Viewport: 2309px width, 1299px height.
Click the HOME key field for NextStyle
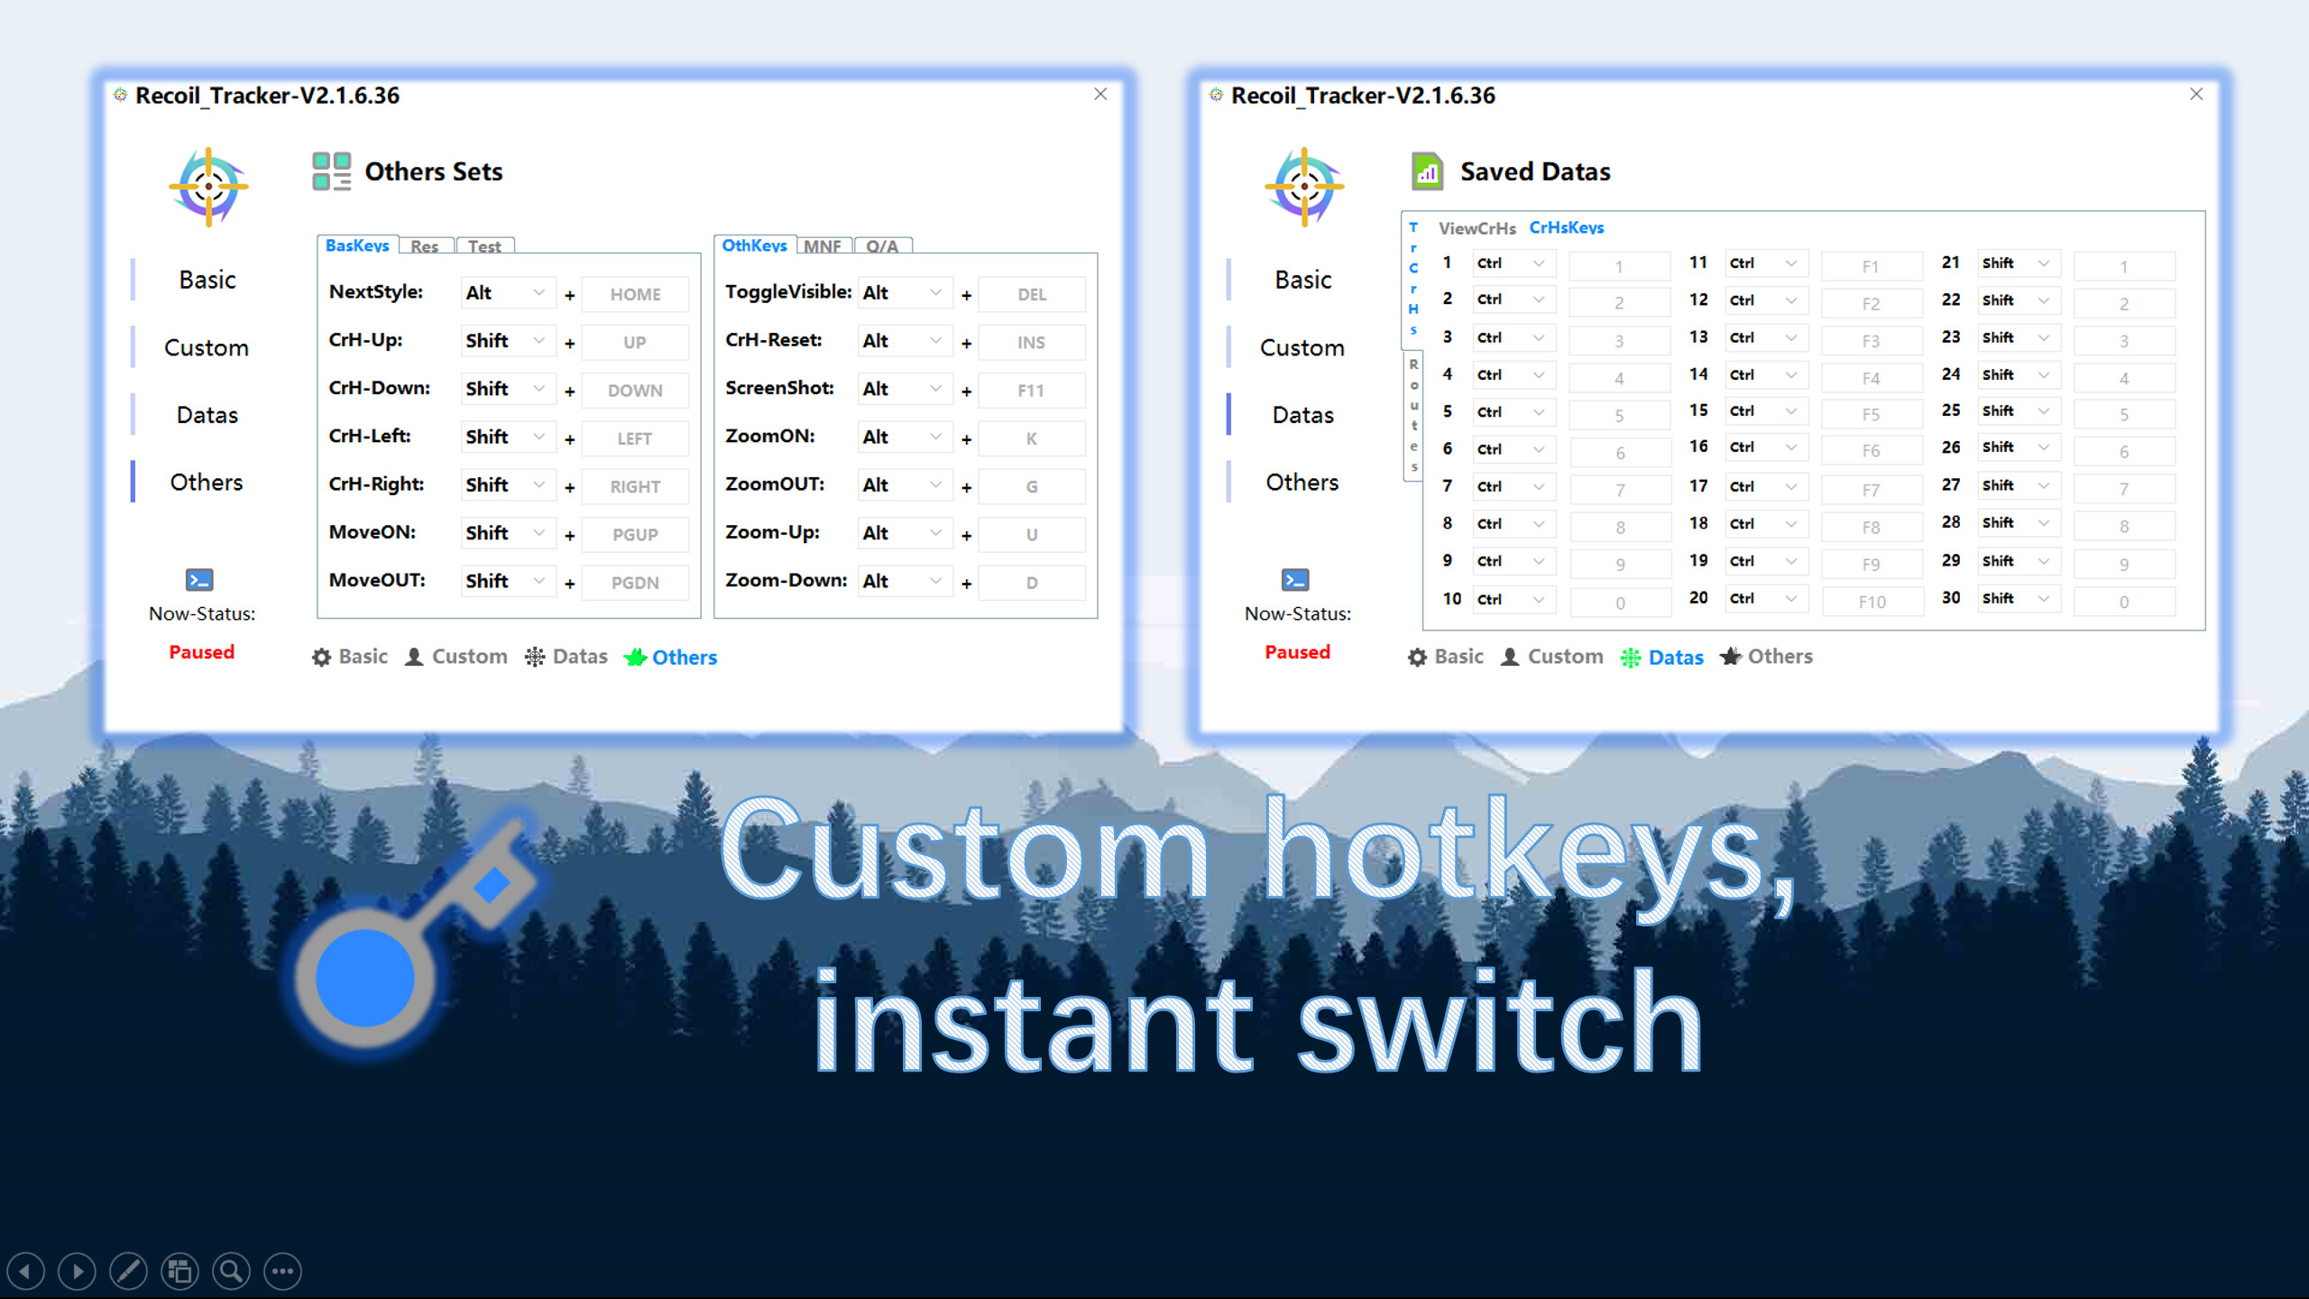pos(635,294)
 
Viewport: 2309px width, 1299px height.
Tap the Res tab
pos(424,246)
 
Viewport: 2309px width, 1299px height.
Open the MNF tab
pos(822,246)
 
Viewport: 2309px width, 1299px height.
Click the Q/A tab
pos(882,246)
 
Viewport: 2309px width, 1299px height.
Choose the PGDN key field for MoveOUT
pos(635,583)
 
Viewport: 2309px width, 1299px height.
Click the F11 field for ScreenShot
pos(1031,391)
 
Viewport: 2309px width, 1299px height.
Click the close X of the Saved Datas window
pos(2196,94)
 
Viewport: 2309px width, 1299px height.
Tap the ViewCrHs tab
pos(1476,228)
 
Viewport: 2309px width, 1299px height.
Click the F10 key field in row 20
pos(1872,602)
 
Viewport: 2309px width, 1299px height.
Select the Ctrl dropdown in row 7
pos(1512,487)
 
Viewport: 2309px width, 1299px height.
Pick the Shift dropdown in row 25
pos(2018,411)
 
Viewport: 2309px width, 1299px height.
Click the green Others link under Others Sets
pos(684,658)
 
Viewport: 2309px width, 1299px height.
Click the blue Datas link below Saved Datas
pos(1675,658)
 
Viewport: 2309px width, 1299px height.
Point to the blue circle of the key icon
pos(364,979)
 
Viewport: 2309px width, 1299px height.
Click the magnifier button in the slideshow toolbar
pos(231,1272)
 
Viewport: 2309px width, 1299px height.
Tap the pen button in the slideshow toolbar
pos(128,1272)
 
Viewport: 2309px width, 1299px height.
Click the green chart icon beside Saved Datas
pos(1427,171)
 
